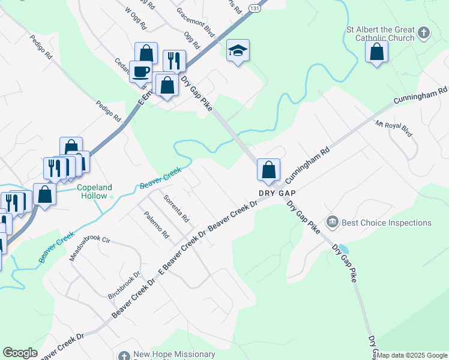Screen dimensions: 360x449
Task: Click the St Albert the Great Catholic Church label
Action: click(x=379, y=34)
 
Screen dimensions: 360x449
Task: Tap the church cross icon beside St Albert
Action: click(x=423, y=32)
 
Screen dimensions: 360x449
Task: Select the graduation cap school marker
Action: click(x=238, y=52)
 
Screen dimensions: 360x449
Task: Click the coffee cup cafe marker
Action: click(x=140, y=72)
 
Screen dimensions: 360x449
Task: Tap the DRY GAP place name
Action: click(x=277, y=193)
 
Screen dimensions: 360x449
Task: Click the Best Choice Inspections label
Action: click(x=386, y=223)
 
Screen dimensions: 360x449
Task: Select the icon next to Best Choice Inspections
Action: click(x=333, y=223)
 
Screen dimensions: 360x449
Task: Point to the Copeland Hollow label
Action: click(x=95, y=191)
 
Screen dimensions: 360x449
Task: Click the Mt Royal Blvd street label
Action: click(x=394, y=129)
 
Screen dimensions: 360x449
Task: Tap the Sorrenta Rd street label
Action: click(x=176, y=207)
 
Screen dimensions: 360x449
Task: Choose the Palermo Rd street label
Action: click(x=156, y=224)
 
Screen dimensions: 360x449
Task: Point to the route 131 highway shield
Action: click(x=255, y=8)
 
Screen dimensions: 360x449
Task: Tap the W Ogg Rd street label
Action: click(x=135, y=19)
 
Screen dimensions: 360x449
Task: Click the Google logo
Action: click(x=20, y=353)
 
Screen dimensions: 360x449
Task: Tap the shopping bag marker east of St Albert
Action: click(x=376, y=53)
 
